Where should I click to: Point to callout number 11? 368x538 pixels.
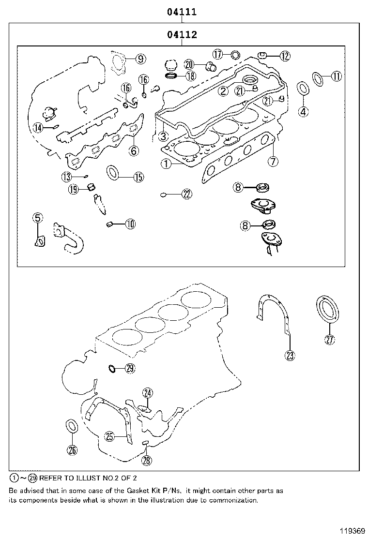336,75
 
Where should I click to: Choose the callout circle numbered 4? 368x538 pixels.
303,111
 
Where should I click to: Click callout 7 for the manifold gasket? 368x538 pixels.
273,161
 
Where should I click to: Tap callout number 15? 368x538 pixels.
138,177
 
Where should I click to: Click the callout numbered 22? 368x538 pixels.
187,194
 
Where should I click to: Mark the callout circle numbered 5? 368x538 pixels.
38,218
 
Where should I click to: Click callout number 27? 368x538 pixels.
329,340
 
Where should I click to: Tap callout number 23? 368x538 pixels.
290,356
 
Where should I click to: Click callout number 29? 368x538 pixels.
129,369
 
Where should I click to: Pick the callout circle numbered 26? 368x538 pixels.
72,450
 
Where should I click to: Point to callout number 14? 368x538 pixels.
39,128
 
